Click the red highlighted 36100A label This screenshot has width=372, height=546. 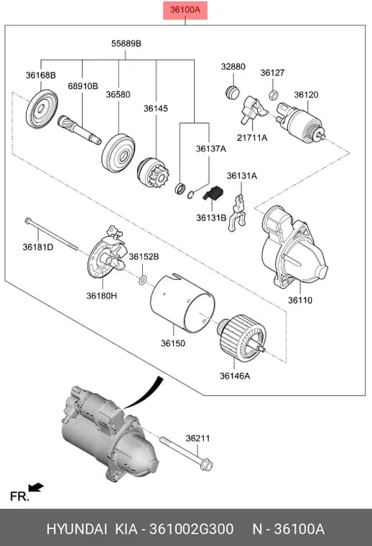click(185, 10)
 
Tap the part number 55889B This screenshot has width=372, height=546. click(126, 44)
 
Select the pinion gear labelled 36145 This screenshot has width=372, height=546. click(153, 173)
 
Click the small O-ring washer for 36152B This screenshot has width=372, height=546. click(143, 279)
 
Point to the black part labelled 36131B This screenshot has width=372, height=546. click(213, 193)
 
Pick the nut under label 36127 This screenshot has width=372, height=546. click(274, 95)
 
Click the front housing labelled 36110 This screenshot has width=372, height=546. click(293, 246)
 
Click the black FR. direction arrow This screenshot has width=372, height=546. click(36, 487)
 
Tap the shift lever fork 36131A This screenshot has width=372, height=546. click(237, 213)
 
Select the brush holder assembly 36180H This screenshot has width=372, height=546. click(107, 252)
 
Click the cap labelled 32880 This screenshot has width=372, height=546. click(232, 92)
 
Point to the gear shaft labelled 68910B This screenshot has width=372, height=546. click(79, 129)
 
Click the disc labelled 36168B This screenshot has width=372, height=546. click(42, 109)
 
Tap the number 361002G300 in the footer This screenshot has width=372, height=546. click(192, 529)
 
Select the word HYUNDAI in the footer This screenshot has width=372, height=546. click(77, 529)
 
